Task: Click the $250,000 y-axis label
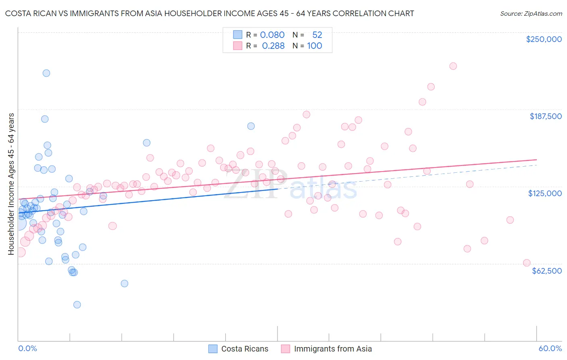pyautogui.click(x=544, y=39)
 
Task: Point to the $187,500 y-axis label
pyautogui.click(x=545, y=116)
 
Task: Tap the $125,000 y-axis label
pyautogui.click(x=545, y=193)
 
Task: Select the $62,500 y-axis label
pyautogui.click(x=546, y=271)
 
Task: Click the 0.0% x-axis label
pyautogui.click(x=27, y=348)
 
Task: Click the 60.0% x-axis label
pyautogui.click(x=550, y=348)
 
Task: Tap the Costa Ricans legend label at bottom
pyautogui.click(x=244, y=349)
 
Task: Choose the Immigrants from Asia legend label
pyautogui.click(x=333, y=349)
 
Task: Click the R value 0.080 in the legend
pyautogui.click(x=272, y=35)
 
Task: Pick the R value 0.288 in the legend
pyautogui.click(x=273, y=46)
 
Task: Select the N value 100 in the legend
pyautogui.click(x=315, y=46)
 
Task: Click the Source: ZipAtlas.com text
pyautogui.click(x=531, y=13)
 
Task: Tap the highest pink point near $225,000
pyautogui.click(x=453, y=66)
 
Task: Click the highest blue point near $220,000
pyautogui.click(x=46, y=73)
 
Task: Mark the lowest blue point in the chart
pyautogui.click(x=77, y=305)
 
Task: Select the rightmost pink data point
pyautogui.click(x=527, y=263)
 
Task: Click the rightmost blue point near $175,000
pyautogui.click(x=251, y=126)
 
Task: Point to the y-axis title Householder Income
pyautogui.click(x=11, y=184)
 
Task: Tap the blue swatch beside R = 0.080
pyautogui.click(x=238, y=35)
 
